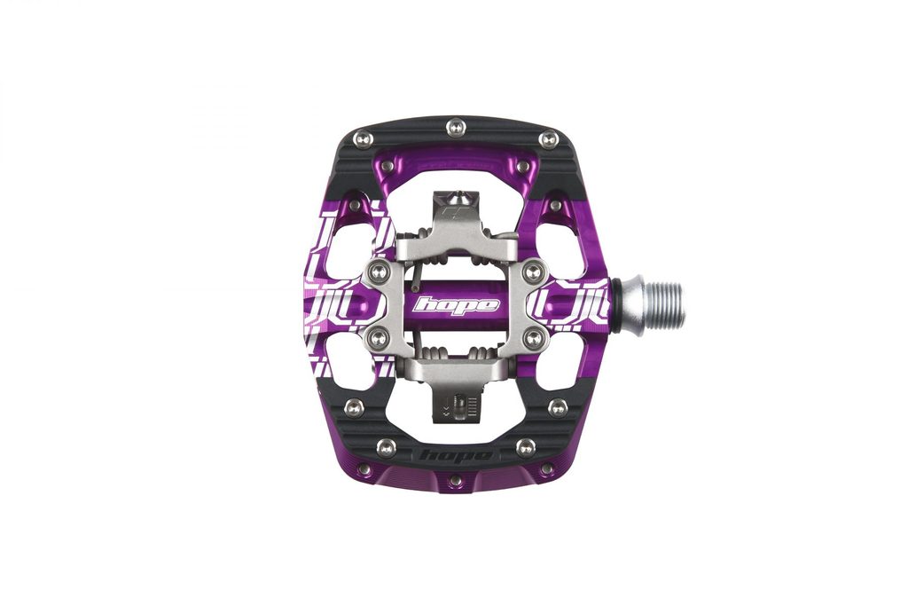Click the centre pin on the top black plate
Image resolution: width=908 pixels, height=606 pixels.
456,126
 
